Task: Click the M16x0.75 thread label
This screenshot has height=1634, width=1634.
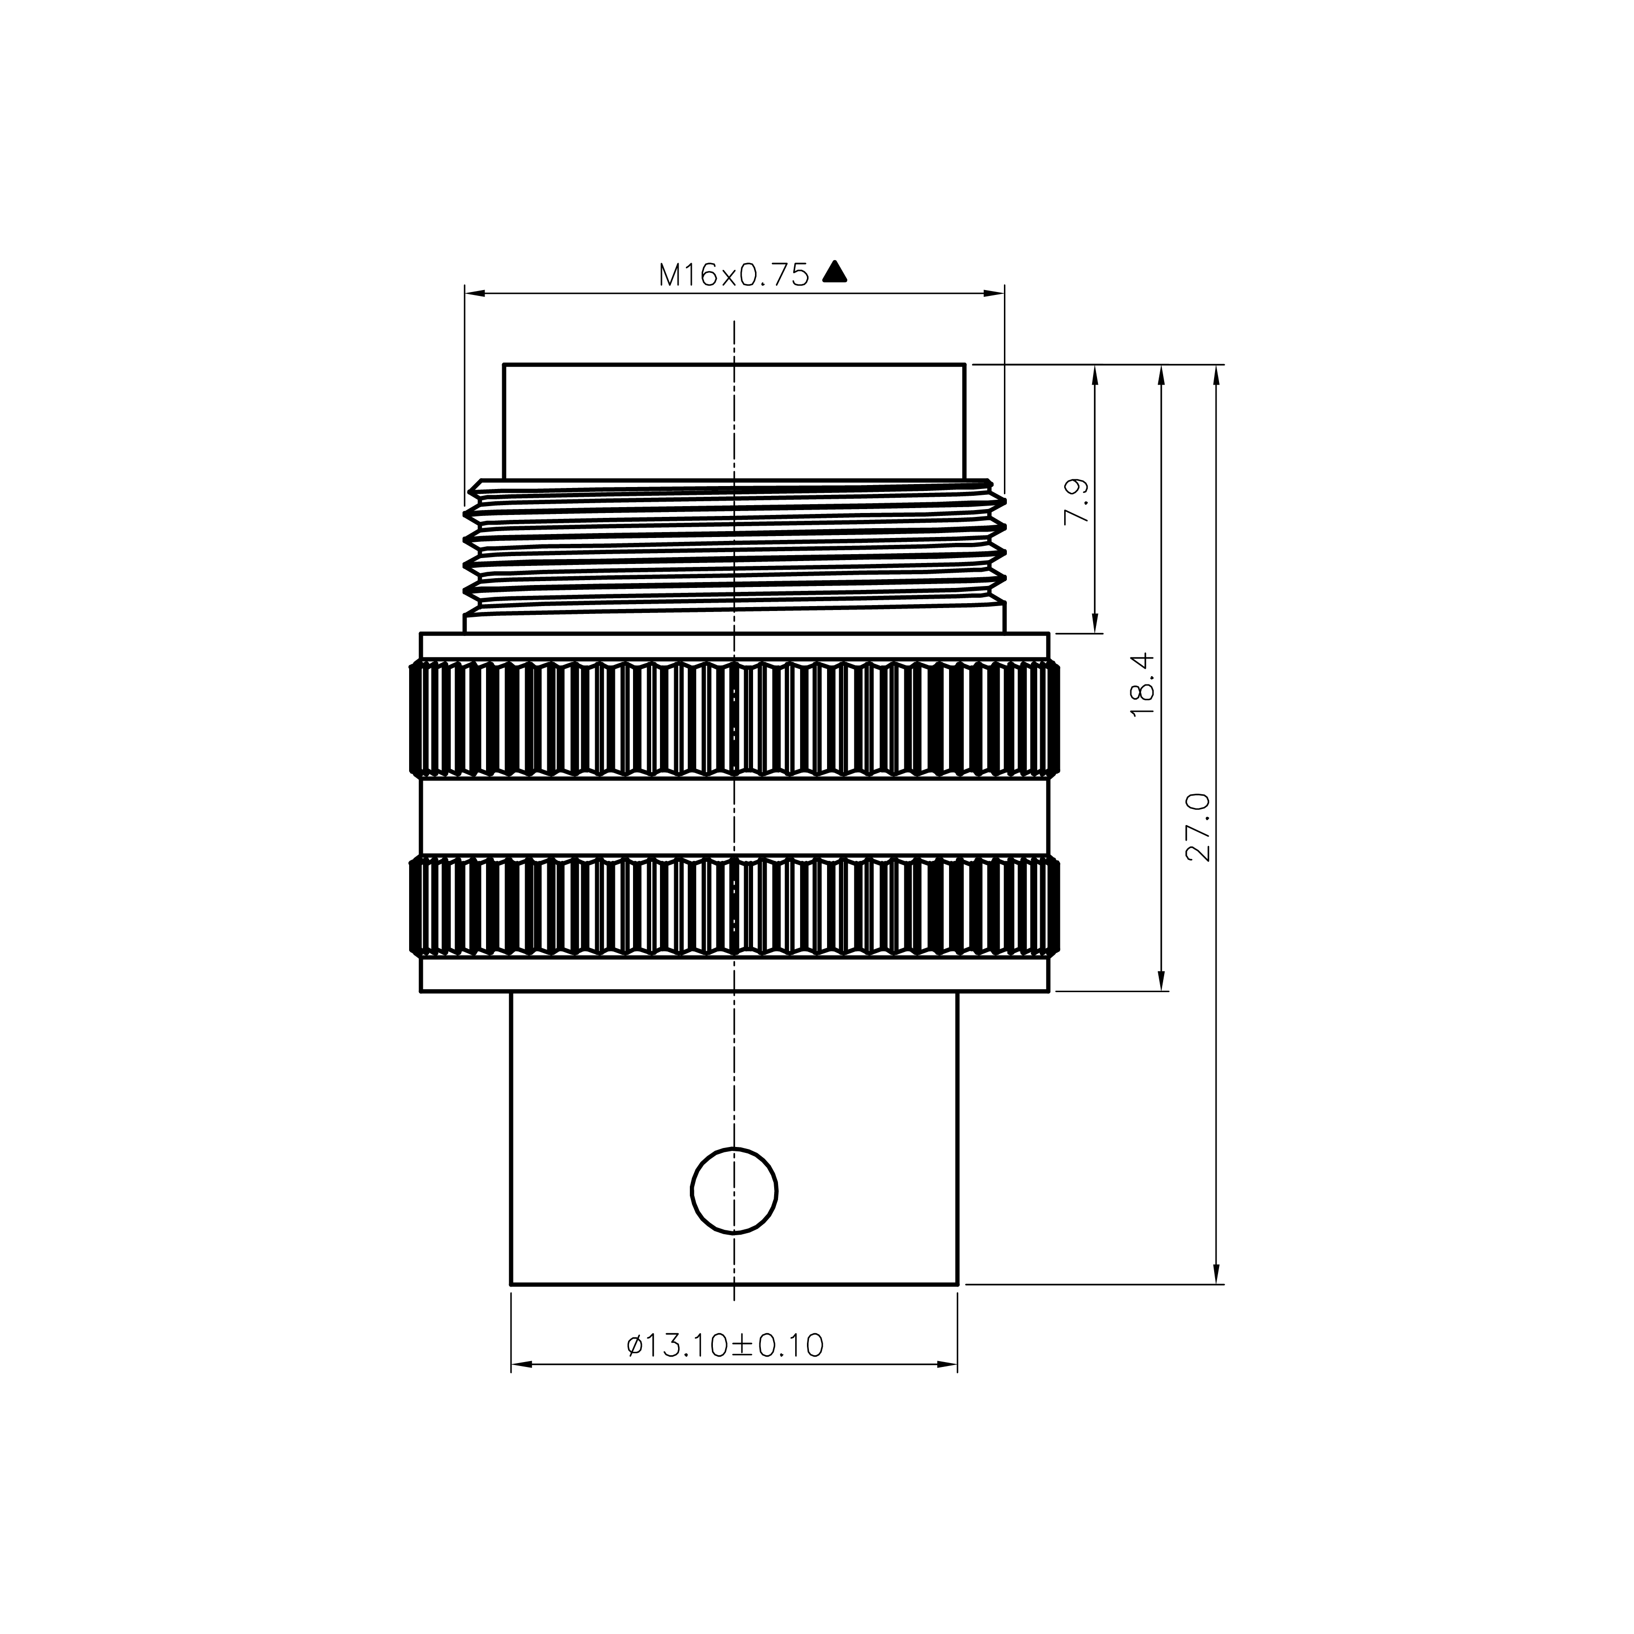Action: tap(733, 275)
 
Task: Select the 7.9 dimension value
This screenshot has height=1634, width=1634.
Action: tap(1076, 502)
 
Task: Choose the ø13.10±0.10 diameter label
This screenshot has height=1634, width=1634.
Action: tap(725, 1345)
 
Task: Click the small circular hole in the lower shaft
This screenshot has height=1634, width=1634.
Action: tap(734, 1191)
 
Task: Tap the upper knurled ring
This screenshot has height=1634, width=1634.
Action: tap(734, 719)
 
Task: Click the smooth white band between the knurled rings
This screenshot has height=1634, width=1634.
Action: tap(734, 817)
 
